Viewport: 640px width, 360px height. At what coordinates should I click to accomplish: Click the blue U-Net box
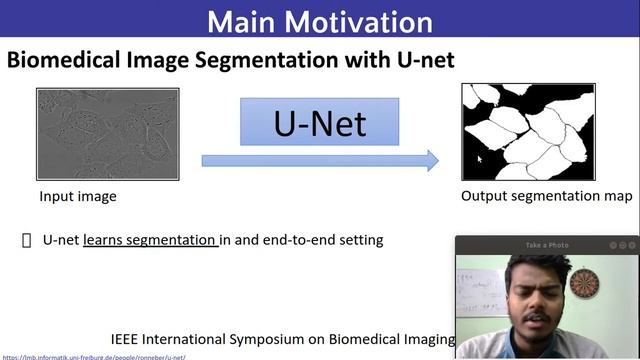click(320, 122)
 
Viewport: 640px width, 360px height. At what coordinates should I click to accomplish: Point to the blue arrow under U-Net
click(320, 160)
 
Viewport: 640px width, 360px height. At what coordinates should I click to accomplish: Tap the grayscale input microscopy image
click(108, 134)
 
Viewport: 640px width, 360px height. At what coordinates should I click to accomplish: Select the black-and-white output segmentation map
click(528, 130)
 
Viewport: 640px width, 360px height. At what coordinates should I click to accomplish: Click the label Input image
click(78, 197)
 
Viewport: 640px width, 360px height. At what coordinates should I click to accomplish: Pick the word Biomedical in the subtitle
click(63, 60)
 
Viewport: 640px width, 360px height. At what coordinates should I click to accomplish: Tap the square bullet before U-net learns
click(27, 240)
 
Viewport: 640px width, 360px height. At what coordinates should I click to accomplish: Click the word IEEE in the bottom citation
click(128, 339)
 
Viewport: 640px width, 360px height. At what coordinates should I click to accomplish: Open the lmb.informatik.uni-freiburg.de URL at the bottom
click(94, 356)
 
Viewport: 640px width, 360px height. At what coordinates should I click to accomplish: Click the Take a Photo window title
click(547, 245)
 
